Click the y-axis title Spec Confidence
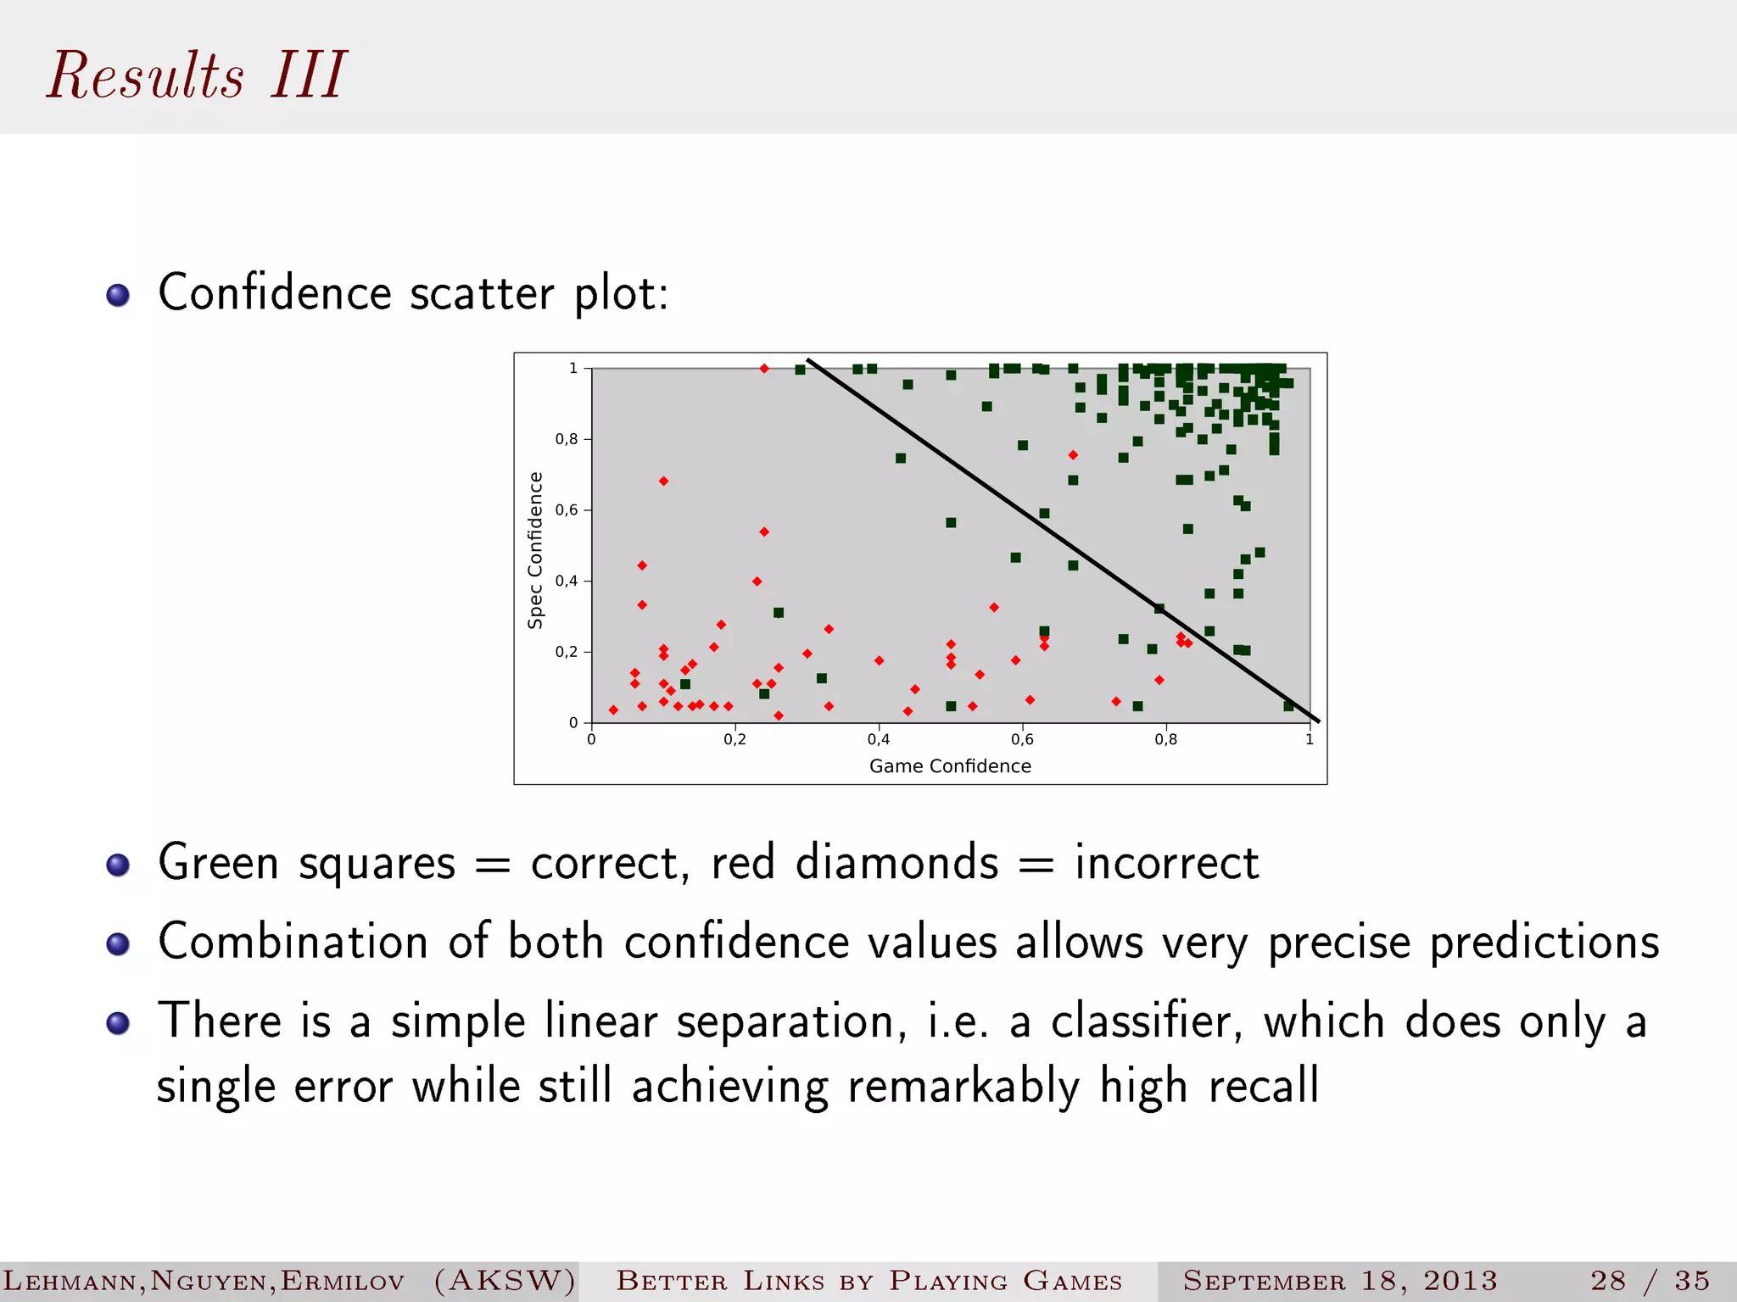point(535,550)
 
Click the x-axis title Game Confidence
point(950,766)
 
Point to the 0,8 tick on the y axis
point(567,439)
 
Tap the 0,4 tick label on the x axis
point(879,740)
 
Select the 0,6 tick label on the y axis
point(567,510)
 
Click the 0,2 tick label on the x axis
point(734,740)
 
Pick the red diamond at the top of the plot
point(764,369)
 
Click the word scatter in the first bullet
point(482,293)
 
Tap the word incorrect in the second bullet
point(1166,863)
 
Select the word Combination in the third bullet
point(293,942)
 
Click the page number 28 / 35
point(1650,1280)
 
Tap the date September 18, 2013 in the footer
point(1340,1280)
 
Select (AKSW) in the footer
point(505,1280)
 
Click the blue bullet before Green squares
point(118,865)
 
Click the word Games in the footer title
point(1072,1280)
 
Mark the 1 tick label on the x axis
point(1310,740)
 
